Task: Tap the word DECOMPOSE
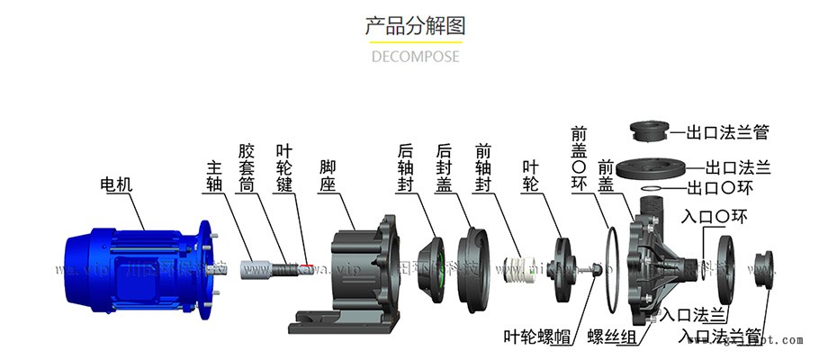point(415,56)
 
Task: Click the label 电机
point(116,184)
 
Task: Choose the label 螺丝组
point(613,337)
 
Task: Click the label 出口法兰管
point(728,133)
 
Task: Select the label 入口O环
point(715,217)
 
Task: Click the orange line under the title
point(414,40)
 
